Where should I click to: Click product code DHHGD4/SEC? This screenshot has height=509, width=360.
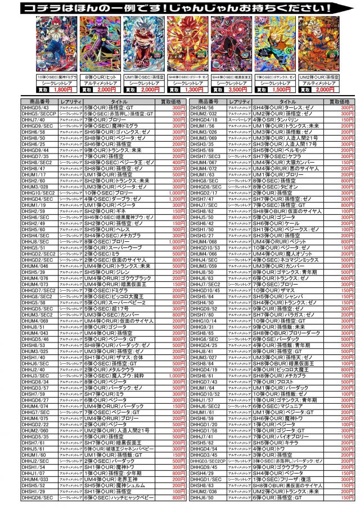[x=37, y=199]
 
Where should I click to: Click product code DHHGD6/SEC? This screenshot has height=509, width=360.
[x=37, y=498]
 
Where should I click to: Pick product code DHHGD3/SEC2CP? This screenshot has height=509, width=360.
[x=208, y=460]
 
